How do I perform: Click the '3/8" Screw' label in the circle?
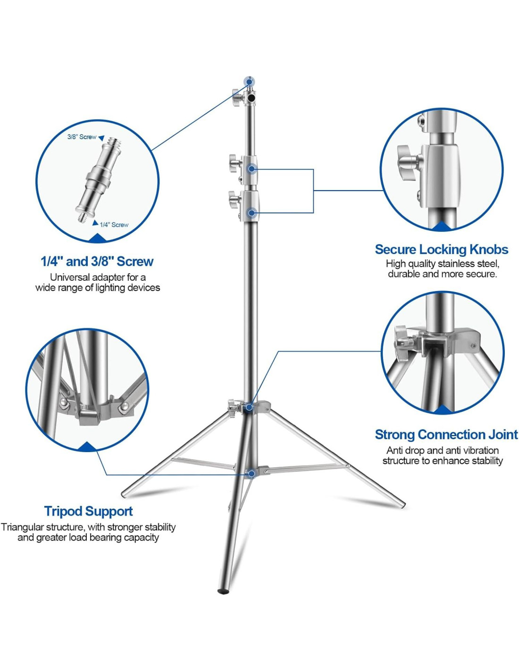pos(82,137)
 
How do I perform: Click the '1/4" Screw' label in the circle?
pos(114,225)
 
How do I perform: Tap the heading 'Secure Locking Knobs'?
pos(441,249)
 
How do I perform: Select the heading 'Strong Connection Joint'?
pos(446,434)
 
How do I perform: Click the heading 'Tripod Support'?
pos(88,511)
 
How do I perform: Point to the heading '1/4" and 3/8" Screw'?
pos(97,261)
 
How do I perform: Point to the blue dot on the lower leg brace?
pos(252,473)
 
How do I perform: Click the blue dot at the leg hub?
pos(249,407)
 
